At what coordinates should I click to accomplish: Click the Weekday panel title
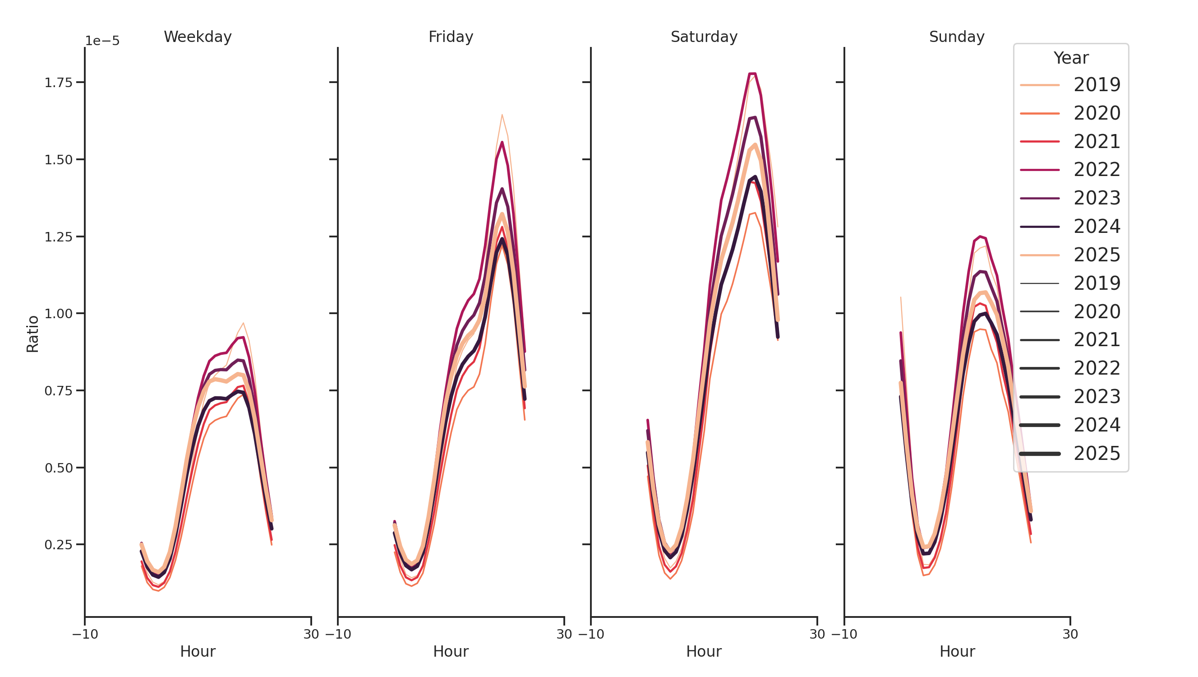coord(198,37)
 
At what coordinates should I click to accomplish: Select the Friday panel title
coord(450,37)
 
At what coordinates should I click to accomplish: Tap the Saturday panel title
coord(704,37)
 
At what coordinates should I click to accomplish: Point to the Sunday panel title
coord(956,37)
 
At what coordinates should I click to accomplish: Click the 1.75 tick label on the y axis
coord(59,83)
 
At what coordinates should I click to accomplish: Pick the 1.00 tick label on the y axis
coord(59,314)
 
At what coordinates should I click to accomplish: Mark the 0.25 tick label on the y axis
coord(59,545)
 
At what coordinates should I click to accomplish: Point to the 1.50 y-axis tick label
coord(59,160)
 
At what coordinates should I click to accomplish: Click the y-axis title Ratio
coord(32,334)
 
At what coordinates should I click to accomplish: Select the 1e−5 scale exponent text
coord(102,41)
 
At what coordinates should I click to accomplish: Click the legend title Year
coord(1070,58)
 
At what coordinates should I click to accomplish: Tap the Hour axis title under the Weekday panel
coord(198,651)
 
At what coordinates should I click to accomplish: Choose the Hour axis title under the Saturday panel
coord(704,651)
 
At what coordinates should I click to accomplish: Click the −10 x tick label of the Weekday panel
coord(85,634)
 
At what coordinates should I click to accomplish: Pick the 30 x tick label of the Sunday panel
coord(1070,634)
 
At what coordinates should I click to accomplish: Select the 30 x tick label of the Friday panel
coord(564,634)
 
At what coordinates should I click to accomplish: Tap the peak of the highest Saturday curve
coord(752,74)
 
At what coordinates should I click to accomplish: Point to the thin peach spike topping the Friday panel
coord(502,115)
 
